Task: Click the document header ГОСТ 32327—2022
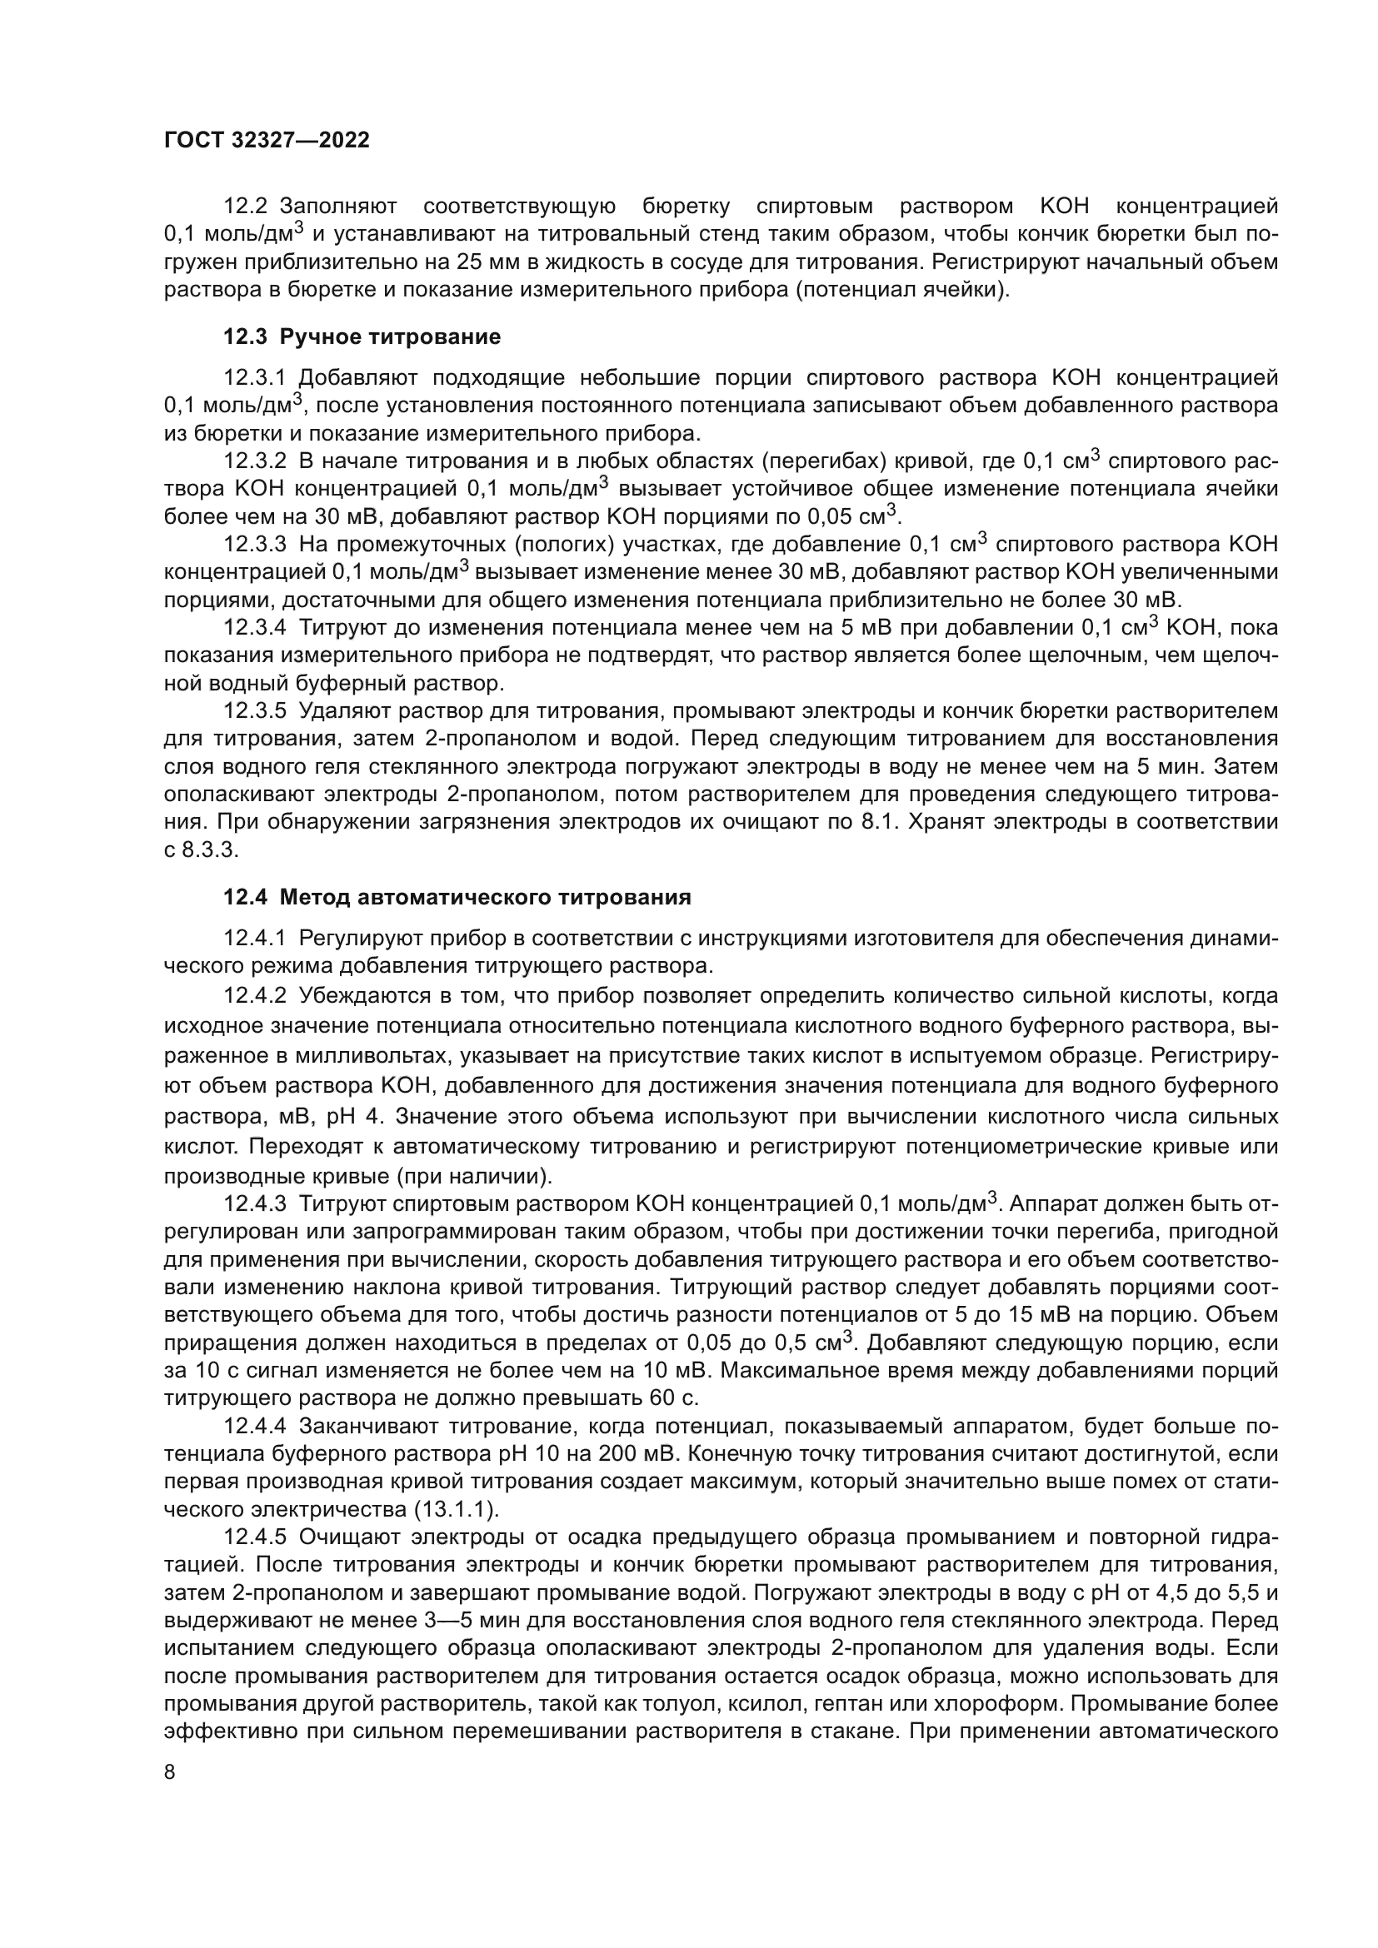pos(267,141)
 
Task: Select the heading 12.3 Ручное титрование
pos(362,336)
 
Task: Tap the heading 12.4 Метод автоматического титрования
pos(457,897)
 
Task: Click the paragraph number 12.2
pos(245,207)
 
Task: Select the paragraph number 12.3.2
pos(256,461)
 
